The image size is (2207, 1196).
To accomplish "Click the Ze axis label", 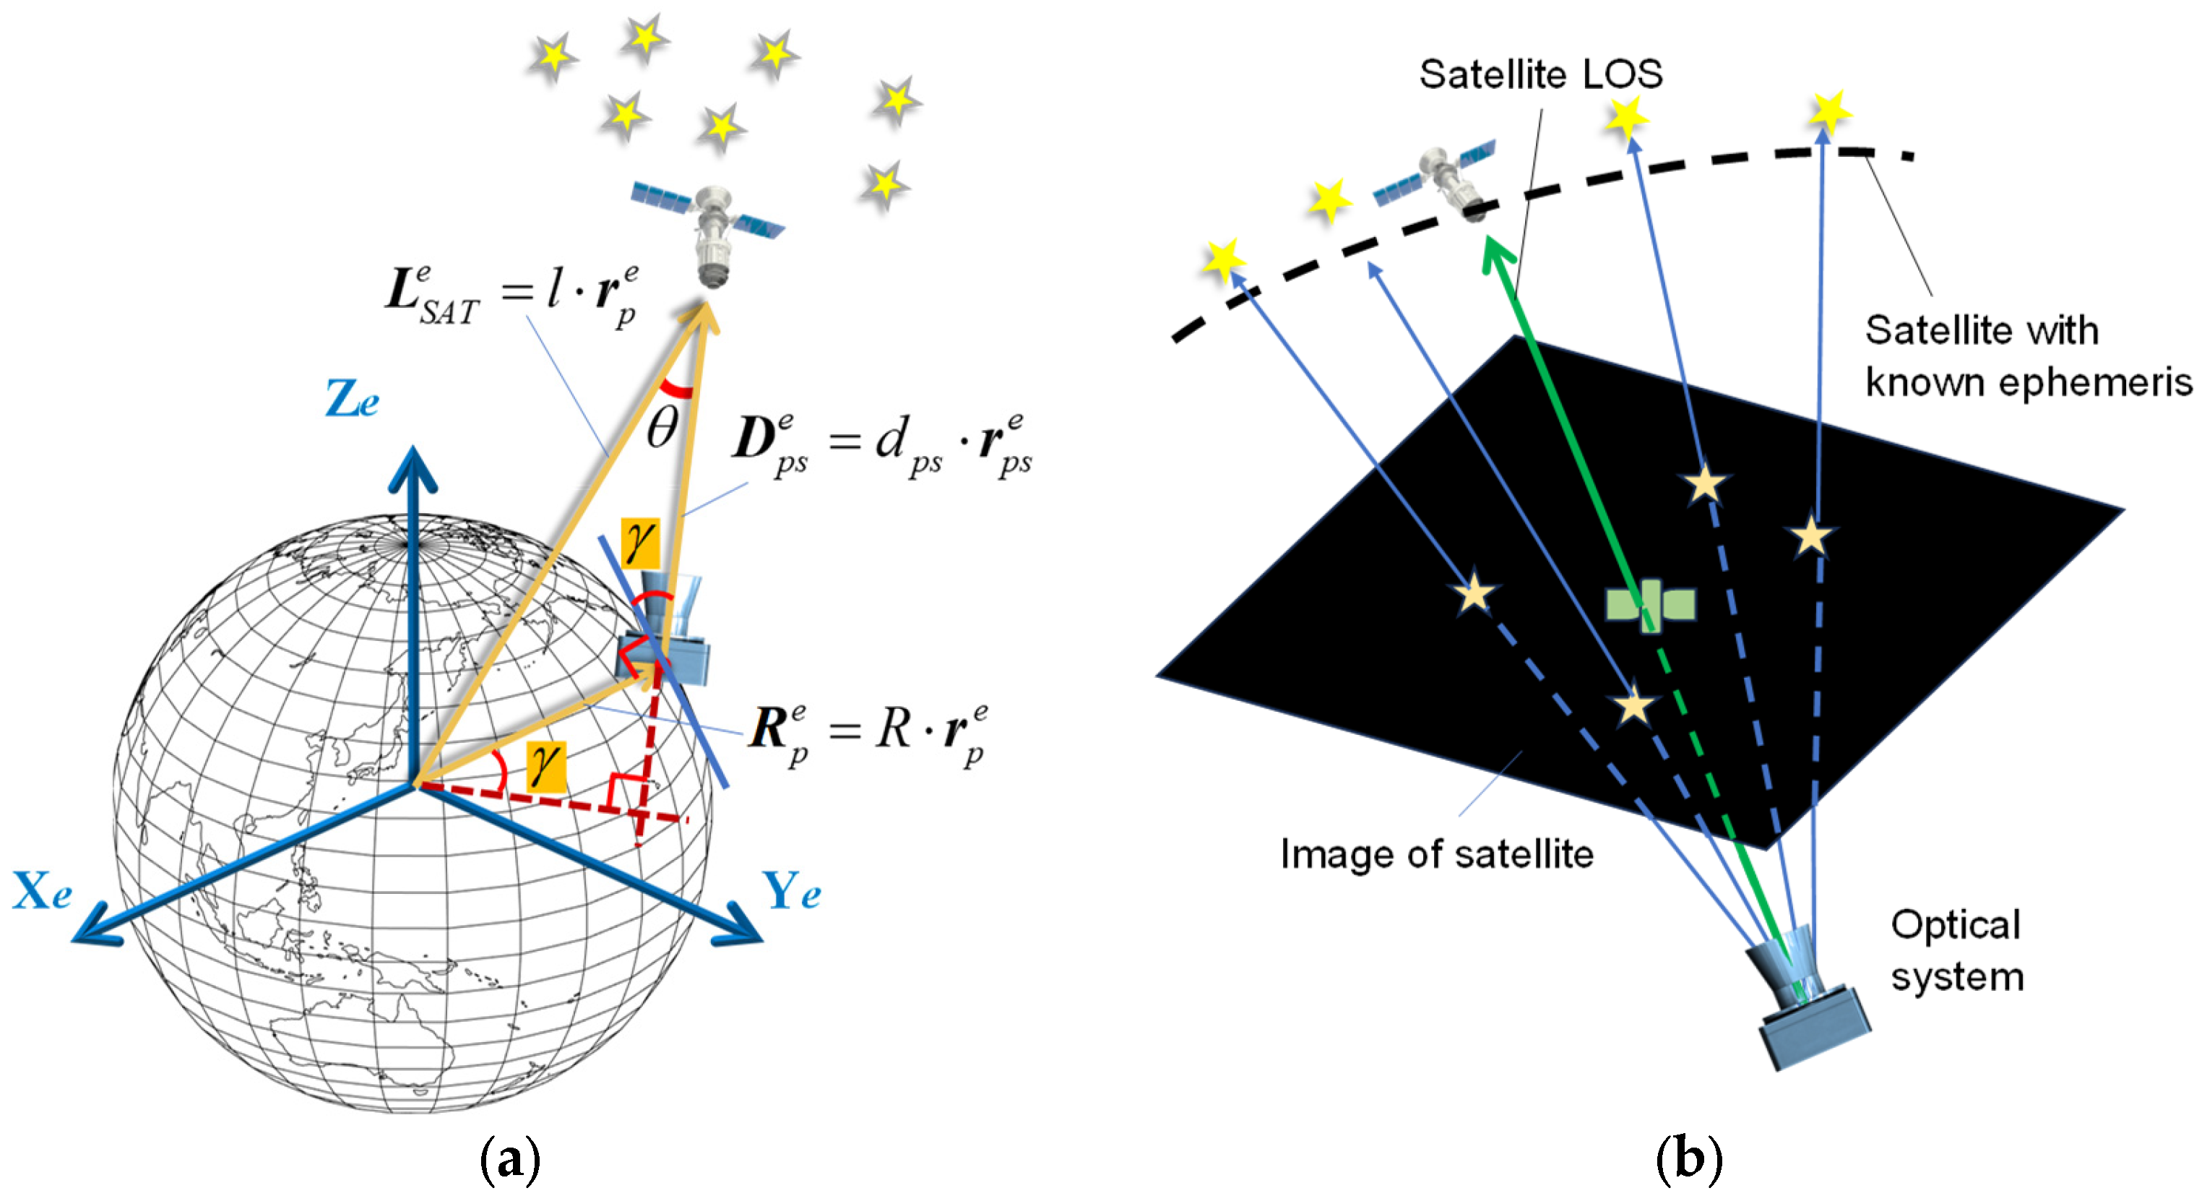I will (352, 399).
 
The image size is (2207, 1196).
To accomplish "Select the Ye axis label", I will (792, 891).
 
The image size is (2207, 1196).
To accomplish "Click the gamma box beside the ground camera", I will (641, 542).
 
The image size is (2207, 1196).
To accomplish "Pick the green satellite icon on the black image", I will (1649, 605).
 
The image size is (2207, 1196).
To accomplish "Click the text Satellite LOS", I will (1540, 75).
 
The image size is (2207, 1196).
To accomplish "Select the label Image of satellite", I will (1437, 855).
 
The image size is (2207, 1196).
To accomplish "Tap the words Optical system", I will (1957, 951).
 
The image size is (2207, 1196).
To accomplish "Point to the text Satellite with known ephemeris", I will (2027, 356).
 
